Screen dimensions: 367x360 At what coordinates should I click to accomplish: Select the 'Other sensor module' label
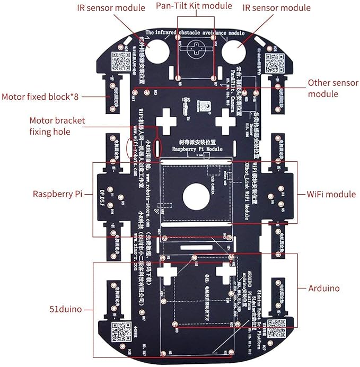(330, 89)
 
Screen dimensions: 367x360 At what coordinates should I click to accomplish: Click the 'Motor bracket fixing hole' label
(57, 126)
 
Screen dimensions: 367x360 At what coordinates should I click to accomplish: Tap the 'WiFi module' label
(332, 194)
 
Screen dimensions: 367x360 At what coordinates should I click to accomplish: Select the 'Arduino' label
(325, 288)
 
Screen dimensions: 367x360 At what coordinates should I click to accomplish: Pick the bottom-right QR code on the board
(277, 330)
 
